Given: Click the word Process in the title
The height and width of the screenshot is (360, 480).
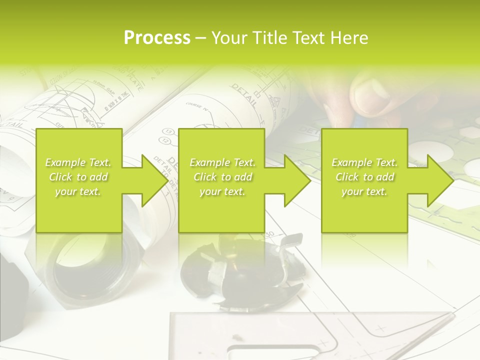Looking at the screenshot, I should click(x=157, y=38).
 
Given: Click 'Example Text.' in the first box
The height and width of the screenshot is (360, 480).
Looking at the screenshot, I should click(x=78, y=162).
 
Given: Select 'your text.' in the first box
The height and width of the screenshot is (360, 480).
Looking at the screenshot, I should click(x=78, y=191).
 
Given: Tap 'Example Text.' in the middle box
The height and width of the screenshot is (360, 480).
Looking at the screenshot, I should click(x=222, y=162).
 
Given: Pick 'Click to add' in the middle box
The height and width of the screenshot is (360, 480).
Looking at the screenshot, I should click(x=222, y=177).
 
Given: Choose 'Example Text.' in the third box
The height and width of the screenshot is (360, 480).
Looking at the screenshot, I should click(x=364, y=162).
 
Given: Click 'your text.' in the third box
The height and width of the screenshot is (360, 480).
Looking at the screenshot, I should click(x=364, y=191).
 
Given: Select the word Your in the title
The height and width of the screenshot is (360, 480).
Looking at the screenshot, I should click(x=229, y=38).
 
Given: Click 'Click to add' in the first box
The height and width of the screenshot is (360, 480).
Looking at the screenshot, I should click(x=78, y=177).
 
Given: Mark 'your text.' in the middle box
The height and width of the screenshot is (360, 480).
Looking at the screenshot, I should click(x=222, y=191).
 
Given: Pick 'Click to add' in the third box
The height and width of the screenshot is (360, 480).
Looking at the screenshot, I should click(x=364, y=177).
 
